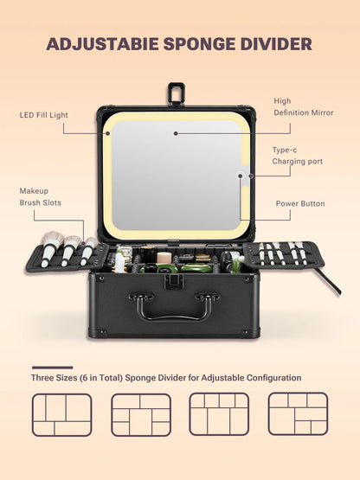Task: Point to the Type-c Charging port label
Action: pyautogui.click(x=297, y=156)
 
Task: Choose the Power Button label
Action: pyautogui.click(x=300, y=204)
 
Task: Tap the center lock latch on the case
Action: pyautogui.click(x=172, y=281)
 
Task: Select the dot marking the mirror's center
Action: pyautogui.click(x=175, y=133)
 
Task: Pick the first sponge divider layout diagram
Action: pyautogui.click(x=61, y=413)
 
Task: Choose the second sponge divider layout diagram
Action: pyautogui.click(x=140, y=413)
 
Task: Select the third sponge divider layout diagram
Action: pyautogui.click(x=219, y=413)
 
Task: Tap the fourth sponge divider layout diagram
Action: pyautogui.click(x=298, y=413)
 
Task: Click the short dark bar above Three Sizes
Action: pyautogui.click(x=52, y=368)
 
